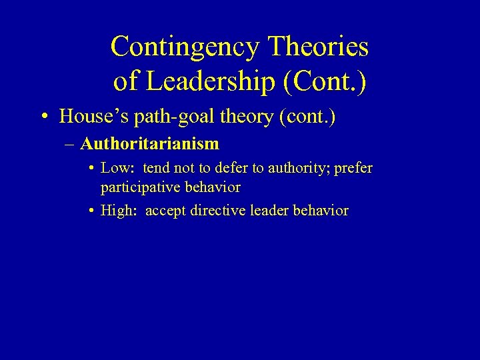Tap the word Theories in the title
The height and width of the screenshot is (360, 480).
(x=318, y=47)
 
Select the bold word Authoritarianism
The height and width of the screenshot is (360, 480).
(x=149, y=143)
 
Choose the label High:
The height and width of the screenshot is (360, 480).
(x=118, y=211)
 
